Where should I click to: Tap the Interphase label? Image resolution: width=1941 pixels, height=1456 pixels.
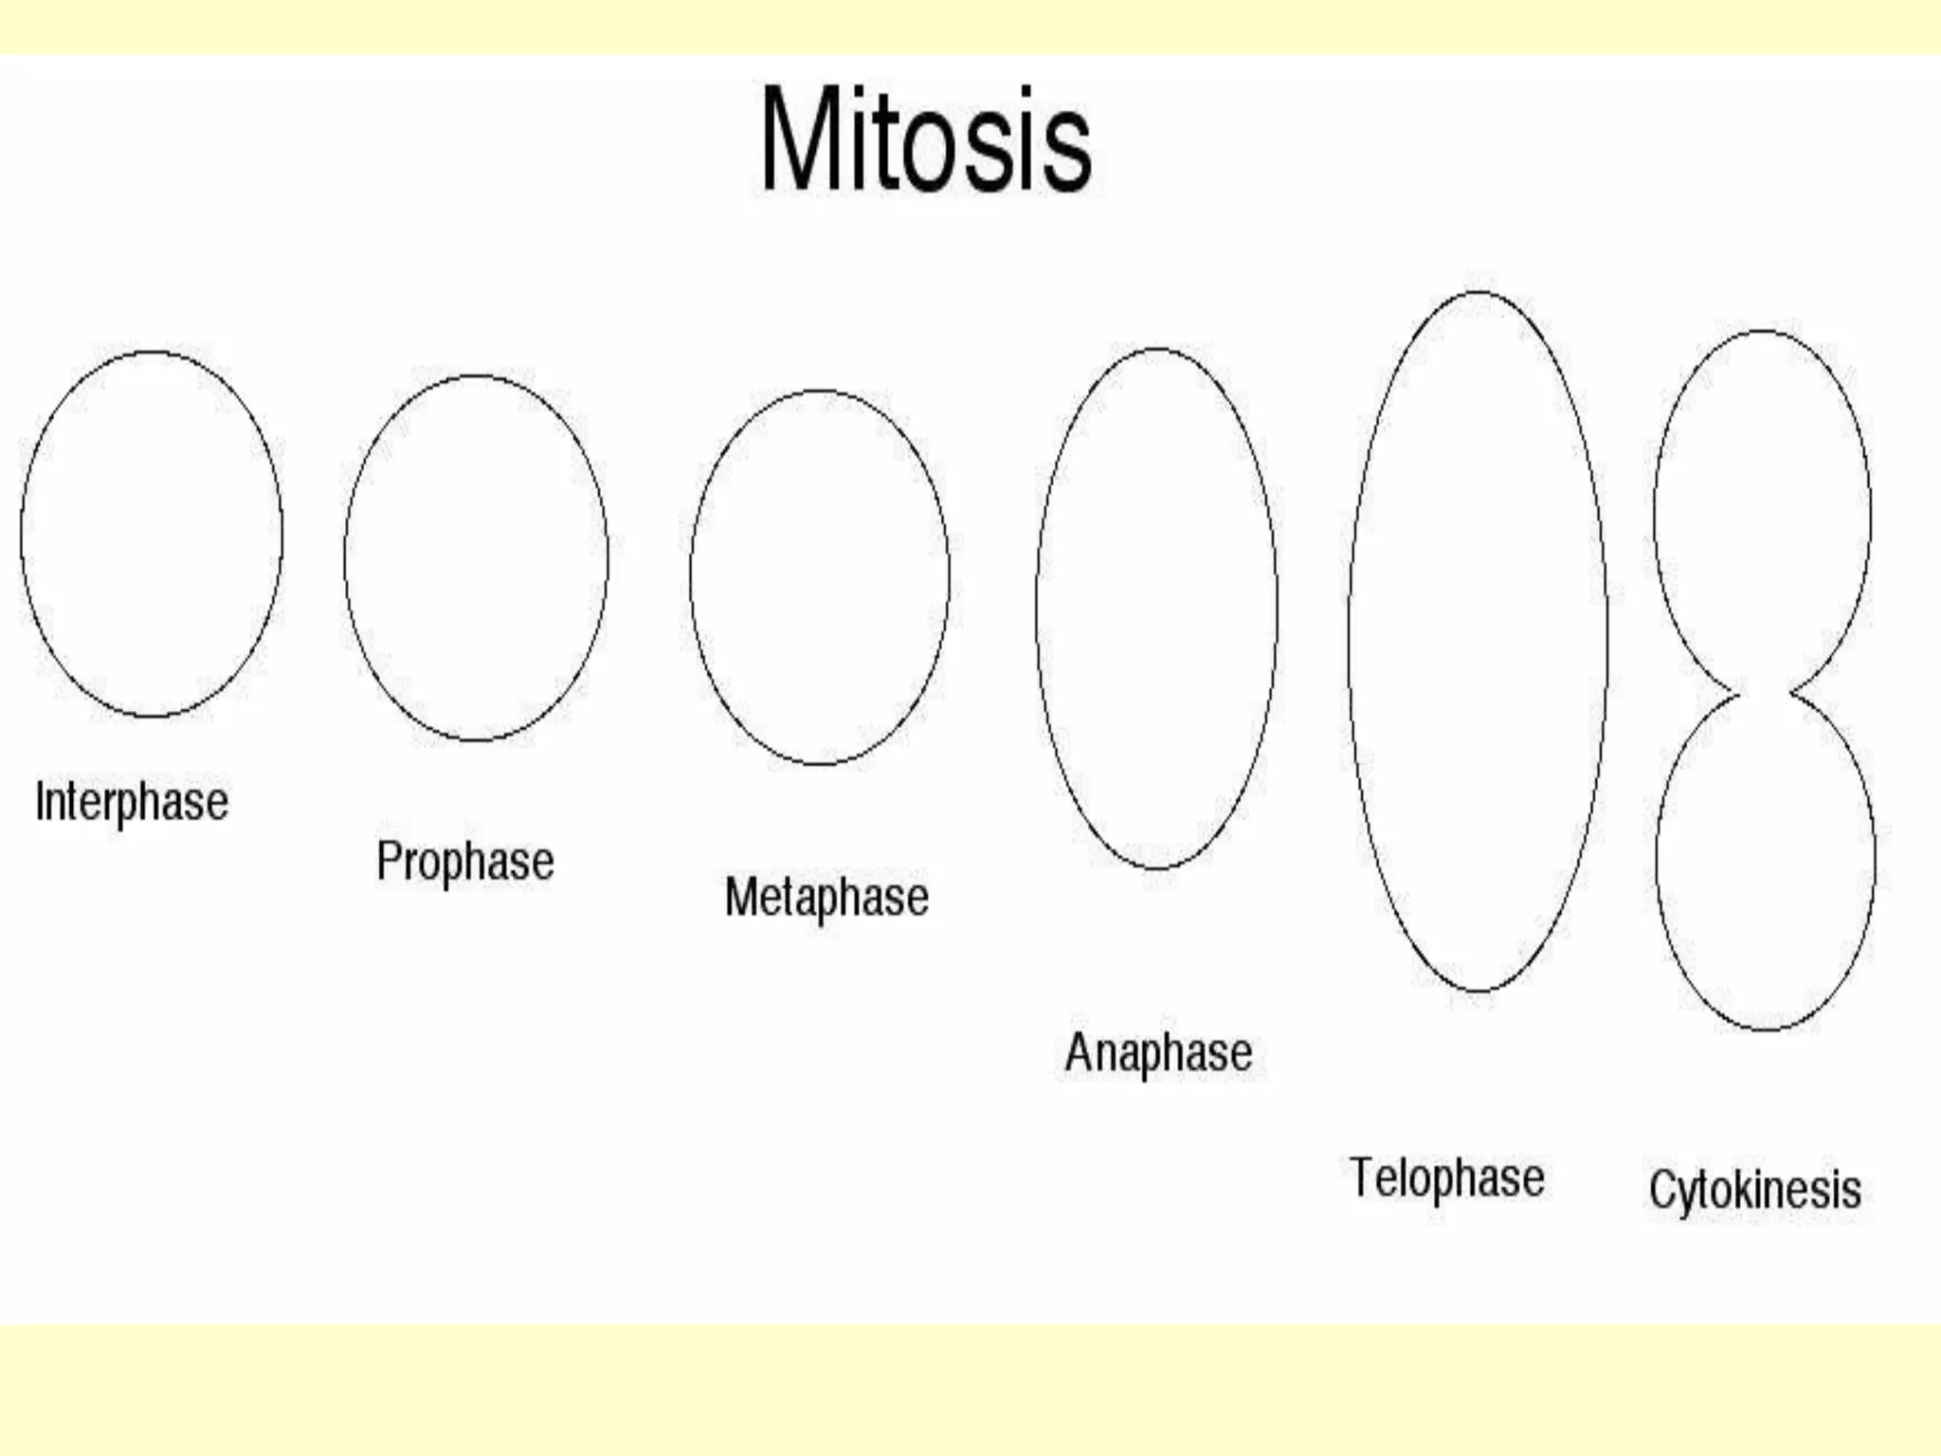coord(132,802)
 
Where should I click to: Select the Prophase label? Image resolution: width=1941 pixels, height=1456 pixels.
coord(465,861)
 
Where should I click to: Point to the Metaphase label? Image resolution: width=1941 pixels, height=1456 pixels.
coord(826,897)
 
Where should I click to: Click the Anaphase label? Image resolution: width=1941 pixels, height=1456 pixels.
coord(1158,1052)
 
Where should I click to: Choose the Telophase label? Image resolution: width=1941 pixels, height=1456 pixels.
coord(1446,1178)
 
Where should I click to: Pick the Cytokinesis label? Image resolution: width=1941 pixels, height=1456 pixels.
coord(1754,1191)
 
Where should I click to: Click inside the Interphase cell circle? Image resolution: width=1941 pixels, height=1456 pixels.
coord(152,534)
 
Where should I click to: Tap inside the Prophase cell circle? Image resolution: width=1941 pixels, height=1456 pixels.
coord(476,557)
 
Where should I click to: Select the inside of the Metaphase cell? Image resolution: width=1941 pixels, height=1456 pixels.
coord(820,576)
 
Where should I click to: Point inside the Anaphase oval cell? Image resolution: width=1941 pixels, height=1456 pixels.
coord(1156,608)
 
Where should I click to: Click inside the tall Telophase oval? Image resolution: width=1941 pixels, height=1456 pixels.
coord(1478,641)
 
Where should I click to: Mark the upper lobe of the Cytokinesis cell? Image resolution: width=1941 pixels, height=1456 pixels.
coord(1763,512)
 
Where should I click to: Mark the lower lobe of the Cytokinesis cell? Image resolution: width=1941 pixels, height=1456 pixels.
coord(1765,858)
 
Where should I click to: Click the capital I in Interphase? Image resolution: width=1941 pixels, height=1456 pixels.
coord(40,801)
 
